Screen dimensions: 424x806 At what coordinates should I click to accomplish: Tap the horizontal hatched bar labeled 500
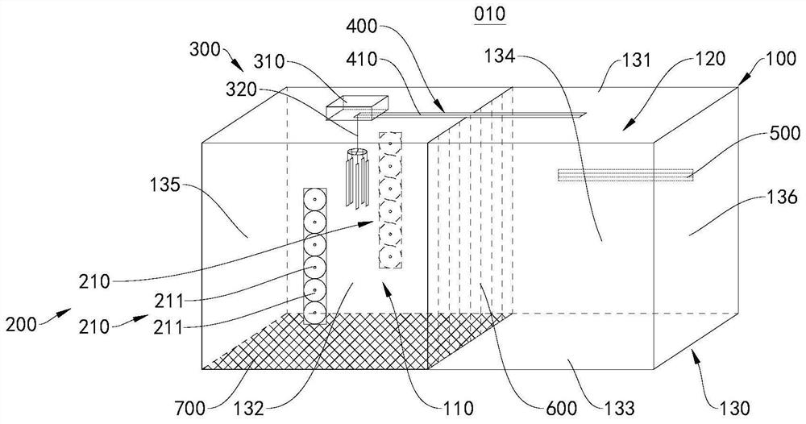pos(625,173)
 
